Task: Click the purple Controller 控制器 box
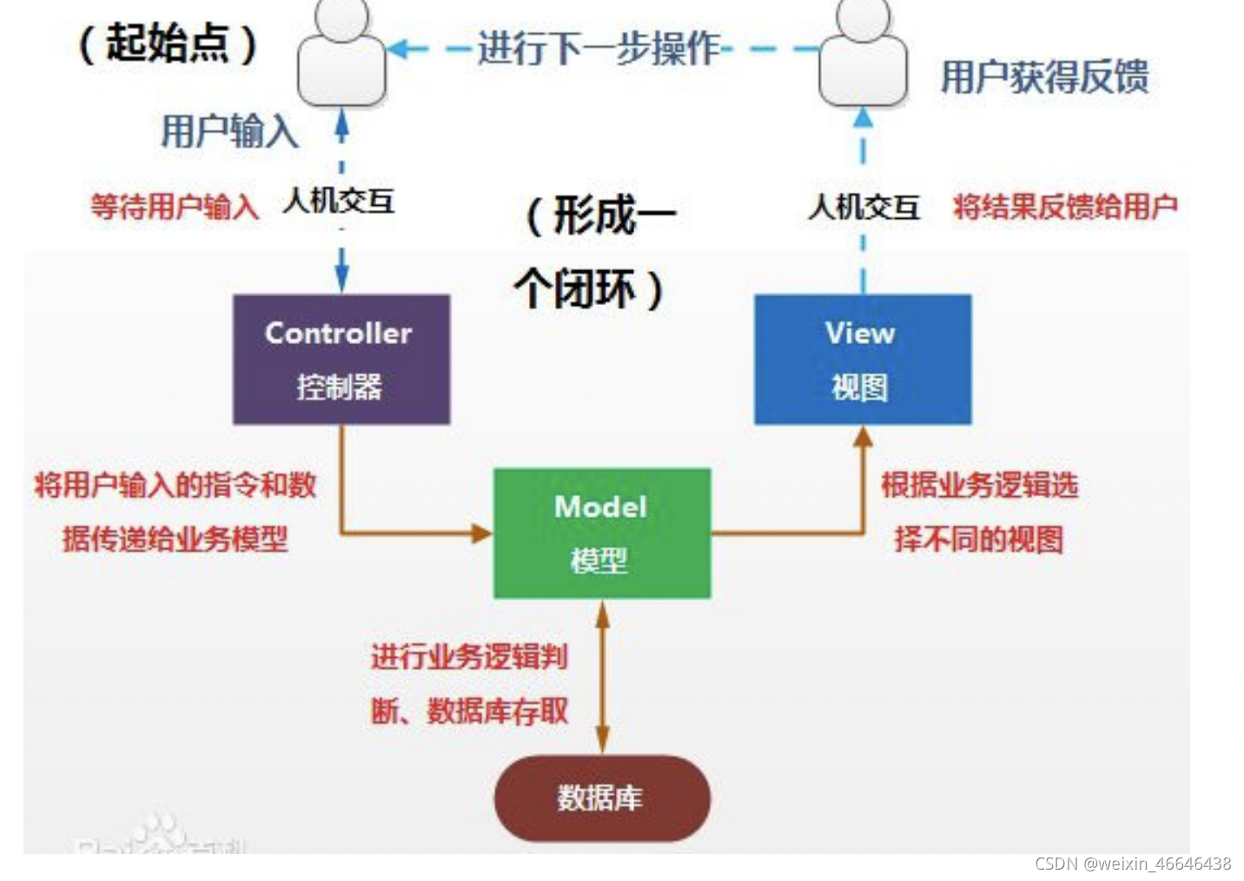tap(341, 359)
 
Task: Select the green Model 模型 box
tap(601, 533)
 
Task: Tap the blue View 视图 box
tap(862, 359)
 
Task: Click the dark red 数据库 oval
tap(601, 798)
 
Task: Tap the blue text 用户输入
tap(229, 132)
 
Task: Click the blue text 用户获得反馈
tap(1044, 77)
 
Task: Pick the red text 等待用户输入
tap(175, 207)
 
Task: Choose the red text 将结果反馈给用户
tap(1065, 207)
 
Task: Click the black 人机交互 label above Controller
tap(339, 202)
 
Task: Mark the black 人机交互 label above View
tap(864, 207)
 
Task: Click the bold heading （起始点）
tap(169, 43)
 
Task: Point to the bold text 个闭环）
tap(589, 288)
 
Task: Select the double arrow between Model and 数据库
tap(602, 678)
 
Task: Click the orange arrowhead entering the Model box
tap(482, 533)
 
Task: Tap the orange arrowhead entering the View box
tap(863, 436)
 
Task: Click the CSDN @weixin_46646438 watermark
tap(1132, 864)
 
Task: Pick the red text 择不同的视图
tap(978, 540)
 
